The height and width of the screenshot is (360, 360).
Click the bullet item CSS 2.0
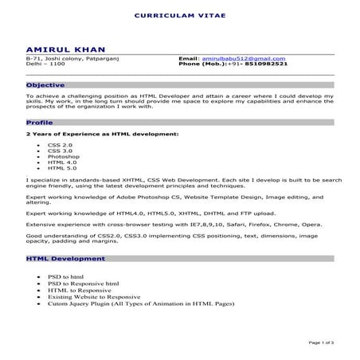(60, 146)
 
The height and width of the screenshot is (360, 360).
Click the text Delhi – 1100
(43, 64)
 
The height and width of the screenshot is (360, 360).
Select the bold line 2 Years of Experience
(102, 135)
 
